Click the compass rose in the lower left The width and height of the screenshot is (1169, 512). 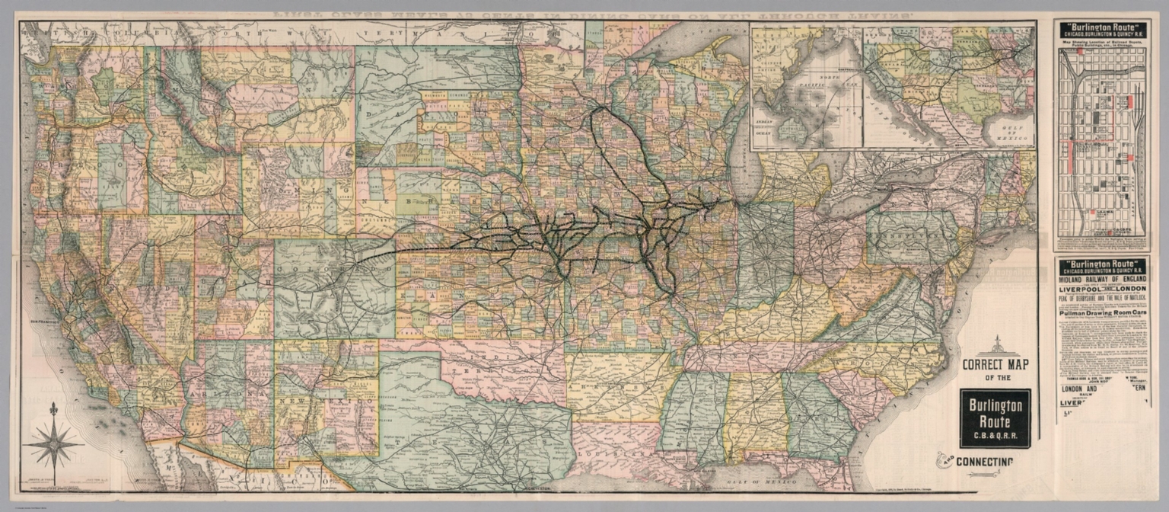point(53,443)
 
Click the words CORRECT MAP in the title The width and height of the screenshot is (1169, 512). point(995,364)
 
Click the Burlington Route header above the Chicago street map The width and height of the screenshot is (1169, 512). point(1102,31)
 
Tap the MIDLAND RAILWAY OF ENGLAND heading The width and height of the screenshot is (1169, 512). point(1102,280)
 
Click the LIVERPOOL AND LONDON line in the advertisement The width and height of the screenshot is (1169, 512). point(1102,290)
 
